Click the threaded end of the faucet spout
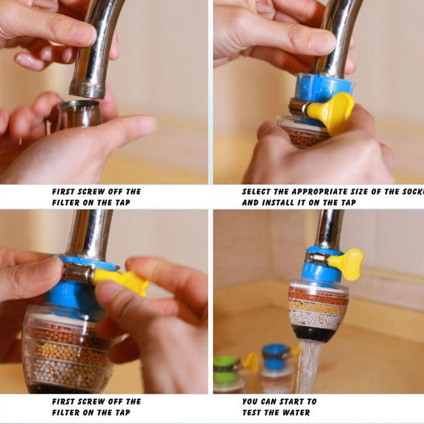tap(87, 89)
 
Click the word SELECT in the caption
tap(257, 192)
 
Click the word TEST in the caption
tap(253, 412)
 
